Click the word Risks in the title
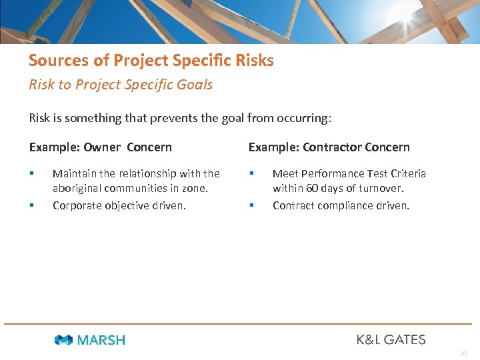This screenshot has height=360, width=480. coord(255,61)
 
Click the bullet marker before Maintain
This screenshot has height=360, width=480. coord(31,173)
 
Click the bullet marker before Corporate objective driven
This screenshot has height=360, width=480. coord(31,205)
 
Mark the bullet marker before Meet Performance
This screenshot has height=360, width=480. coord(251,173)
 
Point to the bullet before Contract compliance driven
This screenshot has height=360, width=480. coord(251,205)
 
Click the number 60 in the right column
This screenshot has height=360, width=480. coord(311,189)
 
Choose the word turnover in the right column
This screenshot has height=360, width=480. coord(379,189)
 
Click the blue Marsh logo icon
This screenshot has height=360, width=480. coord(63,340)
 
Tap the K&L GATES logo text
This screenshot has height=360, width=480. coord(391,339)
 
